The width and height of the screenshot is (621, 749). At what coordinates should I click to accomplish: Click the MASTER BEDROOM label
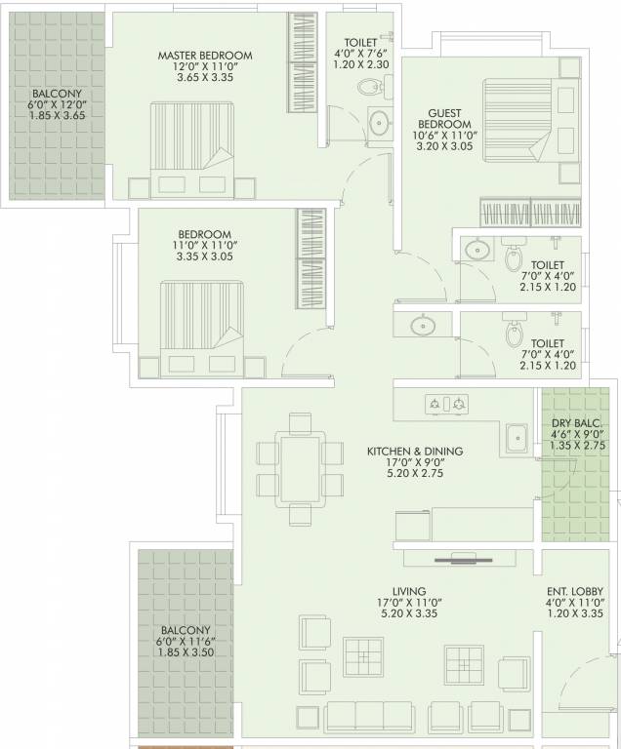pyautogui.click(x=205, y=56)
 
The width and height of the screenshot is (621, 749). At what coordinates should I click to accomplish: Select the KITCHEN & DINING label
pyautogui.click(x=414, y=452)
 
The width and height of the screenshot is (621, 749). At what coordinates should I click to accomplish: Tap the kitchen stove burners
pyautogui.click(x=446, y=403)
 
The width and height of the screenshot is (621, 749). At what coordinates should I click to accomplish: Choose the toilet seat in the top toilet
pyautogui.click(x=368, y=88)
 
